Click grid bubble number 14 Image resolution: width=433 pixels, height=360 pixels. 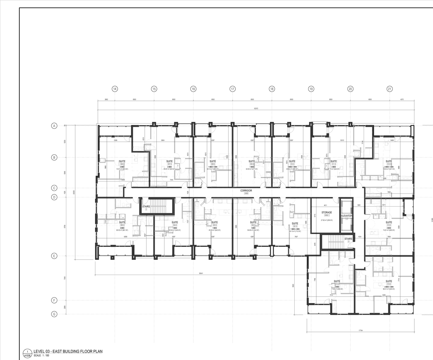click(x=115, y=89)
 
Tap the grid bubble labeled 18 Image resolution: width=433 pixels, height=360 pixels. click(x=272, y=89)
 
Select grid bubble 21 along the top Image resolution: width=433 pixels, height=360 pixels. click(x=390, y=89)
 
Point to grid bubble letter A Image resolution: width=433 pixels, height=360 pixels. click(x=54, y=126)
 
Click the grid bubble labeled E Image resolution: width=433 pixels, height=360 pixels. click(x=54, y=256)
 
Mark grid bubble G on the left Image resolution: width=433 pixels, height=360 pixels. click(x=54, y=314)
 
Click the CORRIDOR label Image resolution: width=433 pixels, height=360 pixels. click(x=246, y=191)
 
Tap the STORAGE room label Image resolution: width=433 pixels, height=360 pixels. click(x=326, y=212)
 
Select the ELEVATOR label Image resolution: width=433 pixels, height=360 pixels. click(x=347, y=216)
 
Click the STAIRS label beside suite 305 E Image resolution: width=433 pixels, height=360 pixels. click(x=146, y=206)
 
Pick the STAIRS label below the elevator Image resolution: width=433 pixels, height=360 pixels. click(x=348, y=239)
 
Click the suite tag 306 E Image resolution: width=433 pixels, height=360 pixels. click(x=122, y=164)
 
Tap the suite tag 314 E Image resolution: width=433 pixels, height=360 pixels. click(x=389, y=284)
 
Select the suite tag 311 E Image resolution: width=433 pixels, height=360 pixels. click(x=334, y=164)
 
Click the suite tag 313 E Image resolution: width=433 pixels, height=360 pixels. click(x=389, y=225)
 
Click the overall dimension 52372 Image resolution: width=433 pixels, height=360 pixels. click(x=256, y=109)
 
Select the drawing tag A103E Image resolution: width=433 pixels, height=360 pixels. click(x=27, y=356)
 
